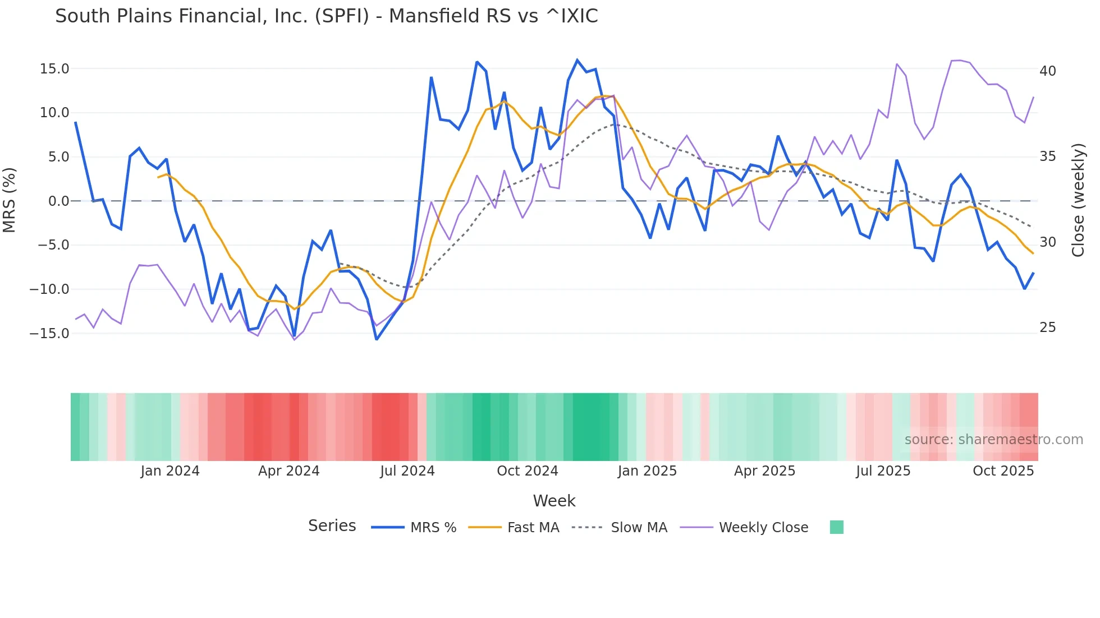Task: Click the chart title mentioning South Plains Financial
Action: tap(326, 16)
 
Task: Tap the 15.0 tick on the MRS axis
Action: tap(54, 69)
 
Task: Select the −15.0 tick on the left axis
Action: tap(49, 334)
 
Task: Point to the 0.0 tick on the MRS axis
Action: tap(58, 201)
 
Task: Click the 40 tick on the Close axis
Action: tap(1047, 71)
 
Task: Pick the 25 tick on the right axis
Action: tap(1047, 328)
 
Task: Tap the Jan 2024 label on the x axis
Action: tap(170, 471)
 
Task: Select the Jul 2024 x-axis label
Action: tap(407, 471)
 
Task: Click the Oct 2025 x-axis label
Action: tap(1003, 471)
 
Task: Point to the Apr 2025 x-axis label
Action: tap(764, 471)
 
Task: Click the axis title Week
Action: tap(554, 501)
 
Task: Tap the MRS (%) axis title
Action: tap(10, 200)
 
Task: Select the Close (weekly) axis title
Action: tap(1078, 200)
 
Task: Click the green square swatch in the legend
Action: tap(836, 527)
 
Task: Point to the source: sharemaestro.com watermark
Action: tap(993, 440)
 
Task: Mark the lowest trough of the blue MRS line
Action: tap(377, 339)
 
